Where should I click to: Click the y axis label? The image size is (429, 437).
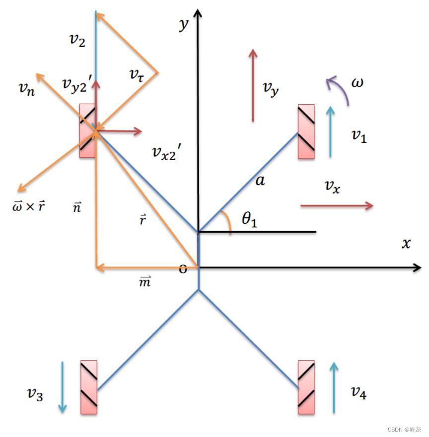tap(184, 23)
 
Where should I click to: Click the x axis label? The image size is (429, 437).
tap(407, 243)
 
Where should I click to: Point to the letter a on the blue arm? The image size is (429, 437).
tap(260, 180)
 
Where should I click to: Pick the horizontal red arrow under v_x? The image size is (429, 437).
tap(337, 206)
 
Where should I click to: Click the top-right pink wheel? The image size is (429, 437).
tap(306, 131)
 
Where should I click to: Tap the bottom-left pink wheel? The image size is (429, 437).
tap(88, 387)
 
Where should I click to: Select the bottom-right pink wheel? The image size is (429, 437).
tap(306, 387)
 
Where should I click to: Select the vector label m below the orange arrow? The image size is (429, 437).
tap(144, 282)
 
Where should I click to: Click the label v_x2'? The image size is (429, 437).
tap(170, 153)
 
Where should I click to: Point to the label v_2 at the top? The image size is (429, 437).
tap(77, 41)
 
